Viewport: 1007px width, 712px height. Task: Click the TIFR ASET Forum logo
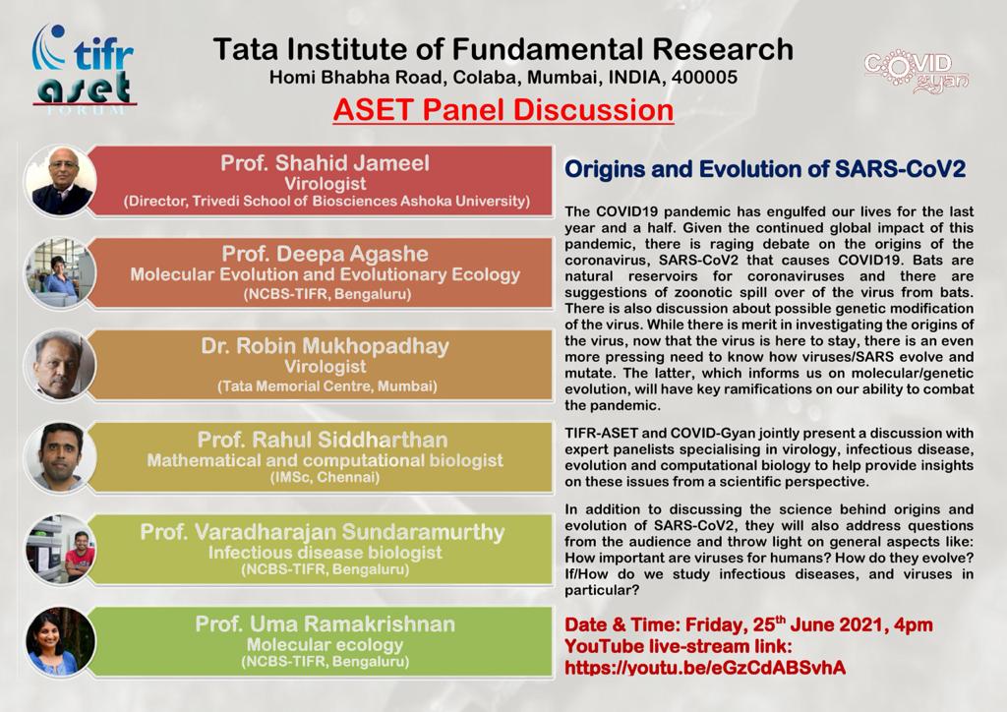tap(85, 70)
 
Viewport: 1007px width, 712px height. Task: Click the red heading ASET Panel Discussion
tap(503, 110)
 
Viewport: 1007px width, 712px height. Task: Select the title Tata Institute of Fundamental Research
tap(503, 49)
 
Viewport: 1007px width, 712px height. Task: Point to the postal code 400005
tap(704, 78)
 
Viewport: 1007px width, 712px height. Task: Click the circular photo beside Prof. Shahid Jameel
tap(60, 181)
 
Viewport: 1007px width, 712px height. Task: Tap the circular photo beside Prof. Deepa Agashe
tap(60, 272)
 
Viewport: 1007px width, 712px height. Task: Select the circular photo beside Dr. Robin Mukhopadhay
tap(60, 365)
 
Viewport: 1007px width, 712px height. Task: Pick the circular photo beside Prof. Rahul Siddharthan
tap(60, 457)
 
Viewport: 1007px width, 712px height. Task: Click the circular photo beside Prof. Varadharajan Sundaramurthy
tap(60, 550)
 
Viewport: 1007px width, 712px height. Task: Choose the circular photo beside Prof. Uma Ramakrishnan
tap(60, 641)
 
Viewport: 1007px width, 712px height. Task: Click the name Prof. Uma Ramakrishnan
tap(325, 624)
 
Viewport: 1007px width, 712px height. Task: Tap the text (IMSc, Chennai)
tap(325, 478)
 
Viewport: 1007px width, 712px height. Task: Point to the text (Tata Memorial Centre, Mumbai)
tap(326, 386)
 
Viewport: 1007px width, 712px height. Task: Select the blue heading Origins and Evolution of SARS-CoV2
tap(765, 169)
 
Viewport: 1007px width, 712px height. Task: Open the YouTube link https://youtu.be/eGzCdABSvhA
tap(705, 668)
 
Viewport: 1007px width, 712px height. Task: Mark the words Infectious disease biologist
tap(325, 553)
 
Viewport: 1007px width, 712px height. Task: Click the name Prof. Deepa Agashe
tap(325, 255)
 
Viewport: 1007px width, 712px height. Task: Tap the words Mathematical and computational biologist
tap(325, 460)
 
